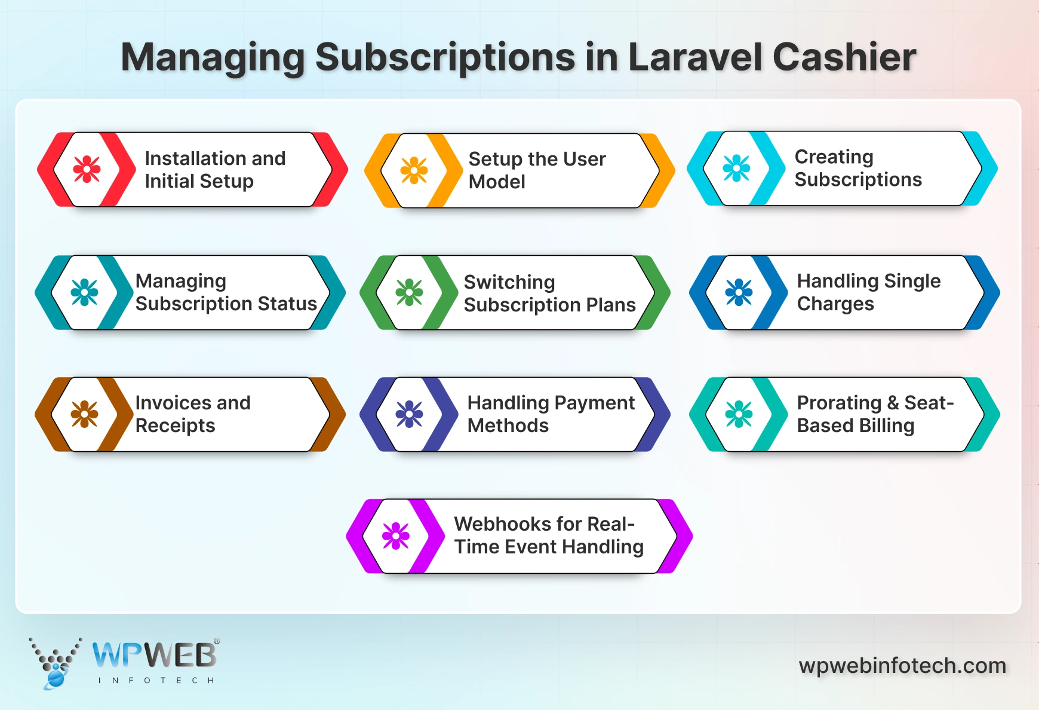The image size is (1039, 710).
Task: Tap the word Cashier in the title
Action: (x=844, y=57)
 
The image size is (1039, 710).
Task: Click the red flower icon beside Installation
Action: (x=87, y=169)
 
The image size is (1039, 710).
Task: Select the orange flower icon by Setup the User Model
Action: (x=414, y=170)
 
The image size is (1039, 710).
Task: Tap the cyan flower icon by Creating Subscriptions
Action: (x=736, y=169)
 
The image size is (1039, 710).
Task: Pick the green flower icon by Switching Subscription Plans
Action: (x=409, y=292)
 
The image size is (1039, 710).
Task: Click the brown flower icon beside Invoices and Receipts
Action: (x=84, y=414)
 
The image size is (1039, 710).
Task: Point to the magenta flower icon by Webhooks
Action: (x=396, y=536)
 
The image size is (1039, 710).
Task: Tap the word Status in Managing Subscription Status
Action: (x=287, y=304)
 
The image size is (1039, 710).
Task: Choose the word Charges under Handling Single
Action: (x=835, y=304)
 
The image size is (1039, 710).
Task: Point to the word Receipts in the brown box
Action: (x=175, y=426)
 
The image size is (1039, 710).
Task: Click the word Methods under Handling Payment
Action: (x=508, y=426)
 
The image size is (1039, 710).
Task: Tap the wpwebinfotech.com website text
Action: (x=902, y=665)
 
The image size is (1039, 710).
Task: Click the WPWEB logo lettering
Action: (x=155, y=656)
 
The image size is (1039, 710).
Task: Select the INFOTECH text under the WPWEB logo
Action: (x=156, y=680)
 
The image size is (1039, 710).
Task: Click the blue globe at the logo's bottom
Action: (x=56, y=678)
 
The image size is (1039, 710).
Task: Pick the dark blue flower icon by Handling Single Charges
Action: (x=739, y=292)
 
